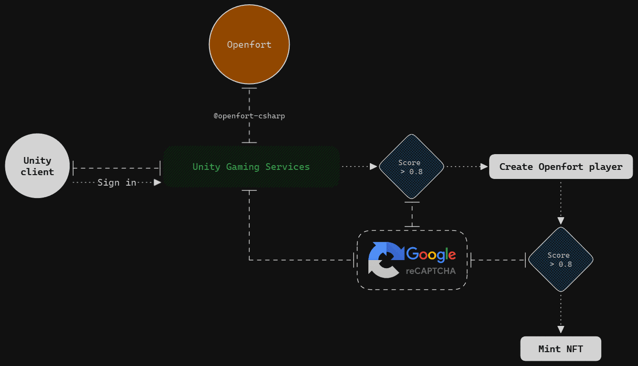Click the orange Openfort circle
[249, 45]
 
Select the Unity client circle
[37, 166]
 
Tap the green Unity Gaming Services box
[251, 167]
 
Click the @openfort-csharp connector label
[249, 116]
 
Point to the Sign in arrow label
[117, 182]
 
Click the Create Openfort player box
[561, 167]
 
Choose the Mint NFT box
[561, 349]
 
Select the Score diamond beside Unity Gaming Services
[411, 167]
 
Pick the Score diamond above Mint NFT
[561, 260]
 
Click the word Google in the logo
[431, 254]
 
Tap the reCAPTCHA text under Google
[430, 271]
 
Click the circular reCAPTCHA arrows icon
[385, 260]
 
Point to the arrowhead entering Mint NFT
[561, 329]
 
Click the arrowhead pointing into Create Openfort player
[484, 167]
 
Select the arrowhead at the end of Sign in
[157, 182]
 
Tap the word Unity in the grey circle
[37, 160]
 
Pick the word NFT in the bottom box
[575, 349]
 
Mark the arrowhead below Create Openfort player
[561, 221]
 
